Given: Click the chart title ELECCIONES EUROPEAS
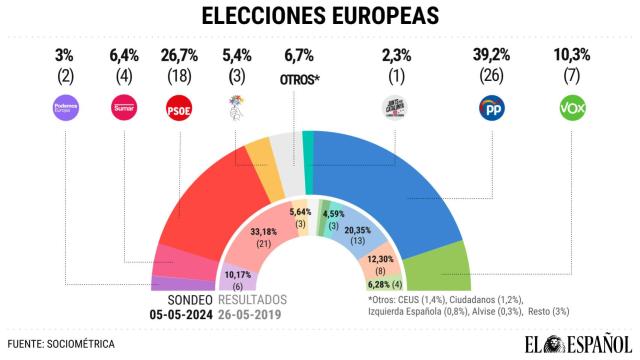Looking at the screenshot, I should (x=319, y=17).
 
